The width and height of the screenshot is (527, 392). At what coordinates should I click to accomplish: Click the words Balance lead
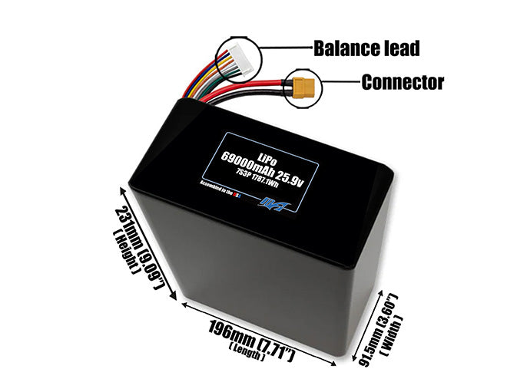click(x=366, y=48)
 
